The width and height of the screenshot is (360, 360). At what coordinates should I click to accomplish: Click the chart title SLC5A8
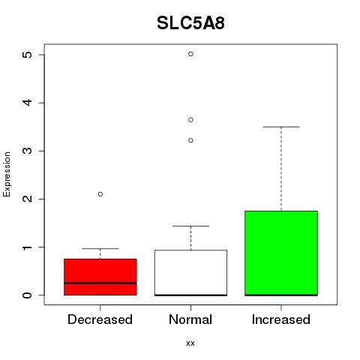click(x=190, y=23)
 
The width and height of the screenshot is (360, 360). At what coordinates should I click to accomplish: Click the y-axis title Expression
click(x=7, y=175)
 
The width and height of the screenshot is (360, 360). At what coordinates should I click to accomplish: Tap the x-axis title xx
click(x=190, y=343)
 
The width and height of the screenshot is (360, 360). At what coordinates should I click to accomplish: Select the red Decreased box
click(x=100, y=277)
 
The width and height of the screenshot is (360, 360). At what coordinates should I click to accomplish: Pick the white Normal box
click(x=190, y=272)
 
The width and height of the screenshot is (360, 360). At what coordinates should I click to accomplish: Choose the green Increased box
click(x=281, y=253)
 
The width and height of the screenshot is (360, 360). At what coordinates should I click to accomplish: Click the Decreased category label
click(x=100, y=319)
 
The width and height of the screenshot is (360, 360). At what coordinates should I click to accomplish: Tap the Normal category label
click(x=190, y=319)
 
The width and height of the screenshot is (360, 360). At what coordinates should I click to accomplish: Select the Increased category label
click(x=281, y=319)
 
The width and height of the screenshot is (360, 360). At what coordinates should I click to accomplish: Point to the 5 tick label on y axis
click(x=28, y=55)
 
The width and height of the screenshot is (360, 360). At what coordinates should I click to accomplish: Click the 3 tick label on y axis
click(x=28, y=151)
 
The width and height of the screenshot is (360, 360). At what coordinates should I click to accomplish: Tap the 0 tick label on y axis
click(x=28, y=295)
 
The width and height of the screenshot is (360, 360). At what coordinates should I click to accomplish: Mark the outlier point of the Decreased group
click(x=100, y=194)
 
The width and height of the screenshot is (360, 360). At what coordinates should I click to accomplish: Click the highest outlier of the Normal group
click(x=190, y=54)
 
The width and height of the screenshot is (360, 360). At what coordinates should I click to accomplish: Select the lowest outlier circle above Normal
click(x=190, y=140)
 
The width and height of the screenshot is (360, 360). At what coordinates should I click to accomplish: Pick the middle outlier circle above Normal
click(x=190, y=120)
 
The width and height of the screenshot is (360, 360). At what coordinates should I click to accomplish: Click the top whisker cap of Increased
click(x=281, y=127)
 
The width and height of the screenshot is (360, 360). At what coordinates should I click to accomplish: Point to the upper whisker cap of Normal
click(x=190, y=226)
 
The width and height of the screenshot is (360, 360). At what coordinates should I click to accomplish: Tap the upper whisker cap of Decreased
click(x=100, y=248)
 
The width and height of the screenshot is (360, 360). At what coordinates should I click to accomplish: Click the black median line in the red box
click(x=100, y=283)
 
